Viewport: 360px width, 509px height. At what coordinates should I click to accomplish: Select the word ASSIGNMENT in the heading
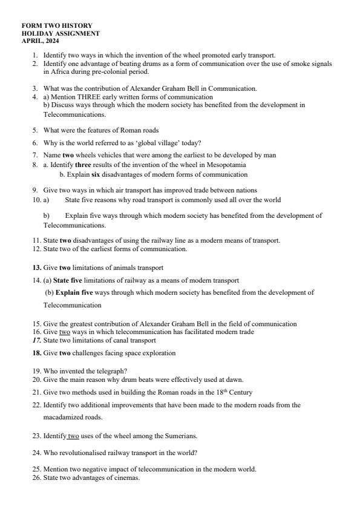77,34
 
